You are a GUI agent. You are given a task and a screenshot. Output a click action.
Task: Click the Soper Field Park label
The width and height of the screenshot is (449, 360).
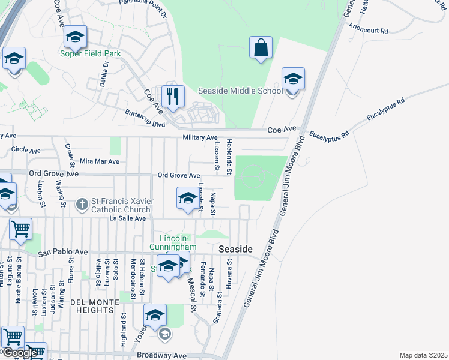pos(90,53)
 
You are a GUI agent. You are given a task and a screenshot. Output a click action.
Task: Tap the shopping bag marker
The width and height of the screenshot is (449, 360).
pos(261,48)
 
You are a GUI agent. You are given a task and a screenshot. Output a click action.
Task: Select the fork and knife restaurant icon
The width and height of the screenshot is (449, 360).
pos(173,97)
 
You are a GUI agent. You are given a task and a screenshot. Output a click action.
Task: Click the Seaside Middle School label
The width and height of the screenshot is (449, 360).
pos(240,91)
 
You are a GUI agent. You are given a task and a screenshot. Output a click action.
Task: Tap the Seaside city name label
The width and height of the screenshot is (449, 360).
pos(235,248)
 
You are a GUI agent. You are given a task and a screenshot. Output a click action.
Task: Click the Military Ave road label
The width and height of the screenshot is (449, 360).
pos(200,137)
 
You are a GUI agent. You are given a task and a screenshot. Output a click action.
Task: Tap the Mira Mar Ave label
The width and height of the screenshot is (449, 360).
pos(99,161)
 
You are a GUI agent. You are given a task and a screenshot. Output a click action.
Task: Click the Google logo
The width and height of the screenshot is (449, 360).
pos(19,353)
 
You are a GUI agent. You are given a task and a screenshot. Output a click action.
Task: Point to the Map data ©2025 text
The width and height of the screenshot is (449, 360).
pos(423,355)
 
